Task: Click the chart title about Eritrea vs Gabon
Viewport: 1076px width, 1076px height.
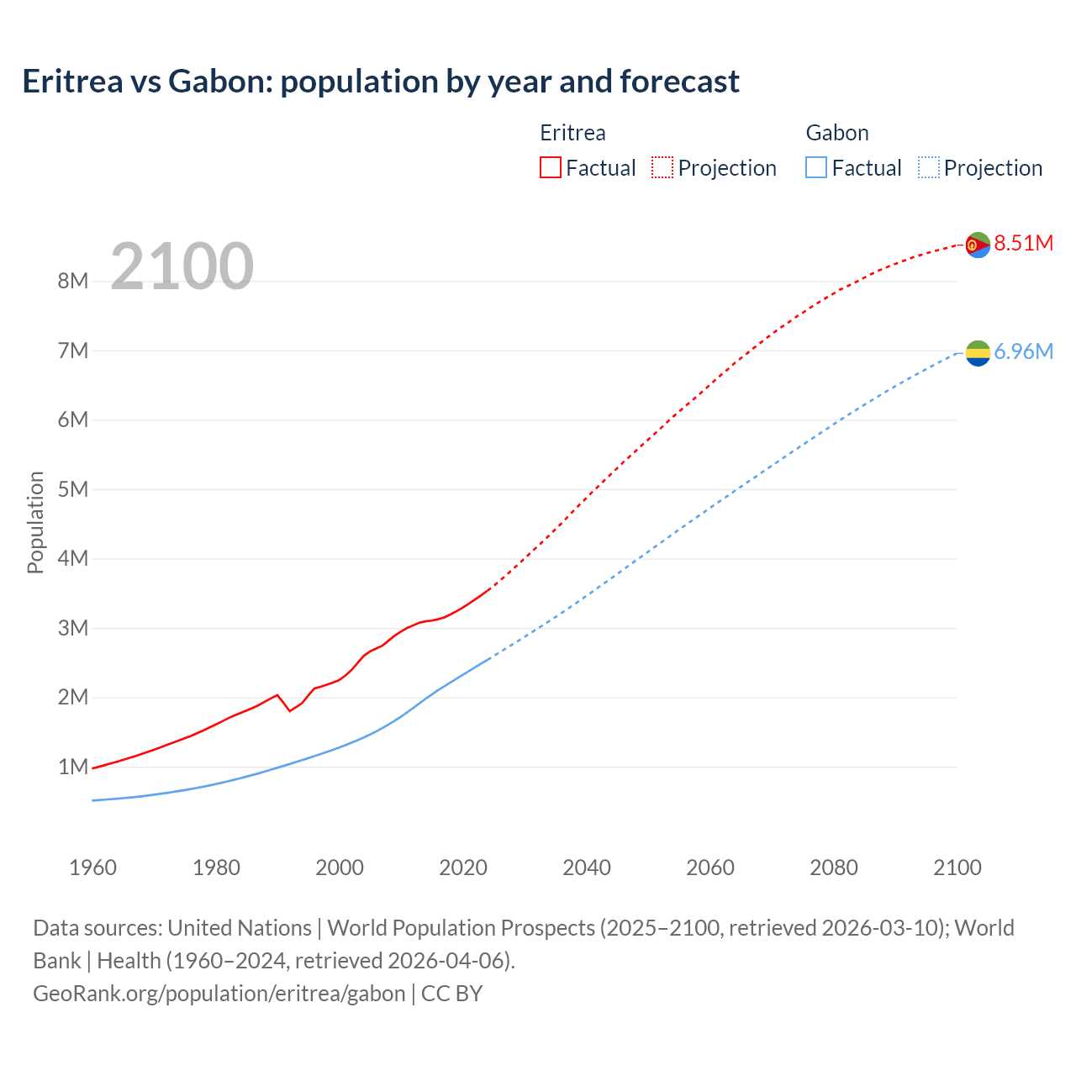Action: (x=381, y=82)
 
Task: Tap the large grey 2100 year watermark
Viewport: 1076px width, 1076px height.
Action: (x=182, y=266)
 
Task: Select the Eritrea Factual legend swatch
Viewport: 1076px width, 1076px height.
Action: (x=550, y=168)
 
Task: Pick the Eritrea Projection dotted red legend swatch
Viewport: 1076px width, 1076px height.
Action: (x=662, y=168)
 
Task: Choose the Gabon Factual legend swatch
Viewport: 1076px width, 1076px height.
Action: (x=815, y=168)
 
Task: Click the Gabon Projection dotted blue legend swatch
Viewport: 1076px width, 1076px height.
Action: (x=928, y=168)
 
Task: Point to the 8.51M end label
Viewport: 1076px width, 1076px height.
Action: (x=1023, y=244)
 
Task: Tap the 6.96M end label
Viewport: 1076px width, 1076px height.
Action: (x=1023, y=352)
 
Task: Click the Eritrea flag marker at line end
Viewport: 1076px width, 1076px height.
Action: (x=978, y=245)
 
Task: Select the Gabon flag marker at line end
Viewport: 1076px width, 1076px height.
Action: (x=978, y=353)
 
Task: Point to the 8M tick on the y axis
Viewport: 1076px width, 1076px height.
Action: (x=73, y=282)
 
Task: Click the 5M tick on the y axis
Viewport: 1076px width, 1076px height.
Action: (x=73, y=489)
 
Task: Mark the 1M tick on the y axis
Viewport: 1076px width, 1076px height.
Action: (x=73, y=767)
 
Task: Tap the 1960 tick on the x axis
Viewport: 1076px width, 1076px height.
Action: (x=92, y=868)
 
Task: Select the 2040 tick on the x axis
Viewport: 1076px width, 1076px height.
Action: (x=587, y=868)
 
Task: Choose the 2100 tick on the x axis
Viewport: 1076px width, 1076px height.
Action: (x=957, y=868)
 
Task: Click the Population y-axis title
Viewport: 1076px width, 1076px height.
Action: (x=35, y=522)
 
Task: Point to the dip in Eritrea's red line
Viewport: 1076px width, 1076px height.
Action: (x=290, y=710)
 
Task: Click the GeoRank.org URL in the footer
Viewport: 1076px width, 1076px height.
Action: (x=219, y=994)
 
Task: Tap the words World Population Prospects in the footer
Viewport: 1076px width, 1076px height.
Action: (x=461, y=928)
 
